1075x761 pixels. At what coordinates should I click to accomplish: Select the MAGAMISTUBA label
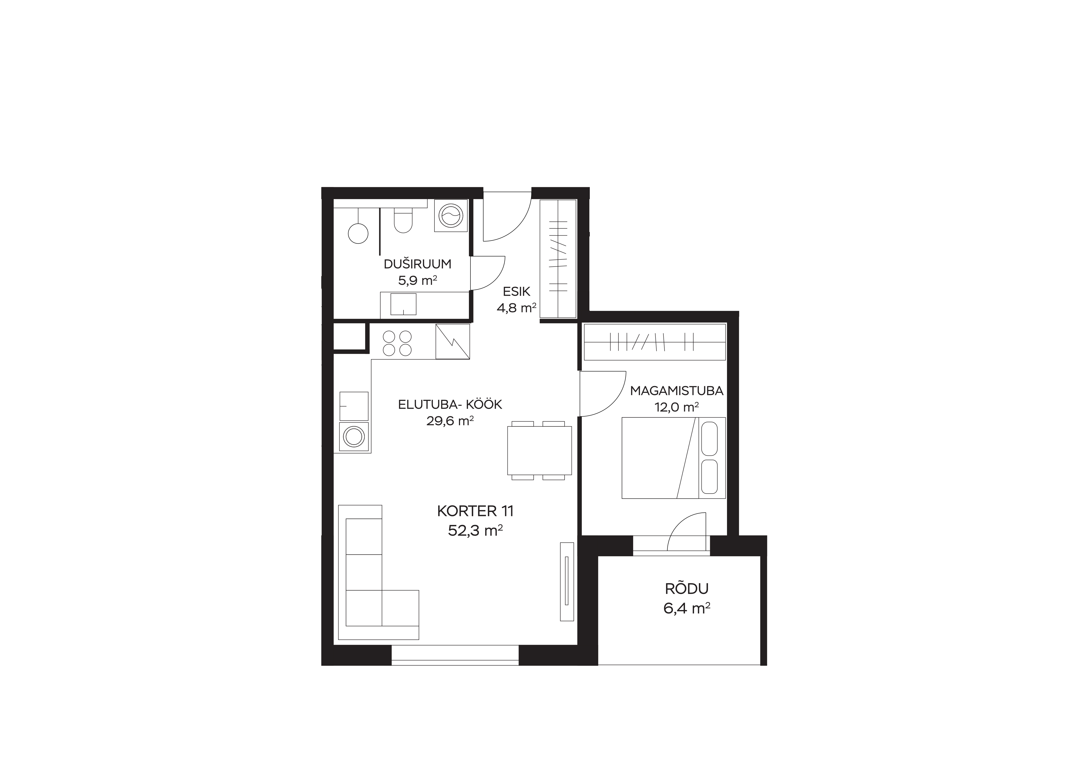(677, 391)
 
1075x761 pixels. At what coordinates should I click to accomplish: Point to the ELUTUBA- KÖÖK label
(450, 404)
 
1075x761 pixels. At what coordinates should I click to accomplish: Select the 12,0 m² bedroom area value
(677, 407)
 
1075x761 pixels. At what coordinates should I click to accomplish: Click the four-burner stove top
(397, 343)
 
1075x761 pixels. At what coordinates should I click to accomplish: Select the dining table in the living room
(539, 450)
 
